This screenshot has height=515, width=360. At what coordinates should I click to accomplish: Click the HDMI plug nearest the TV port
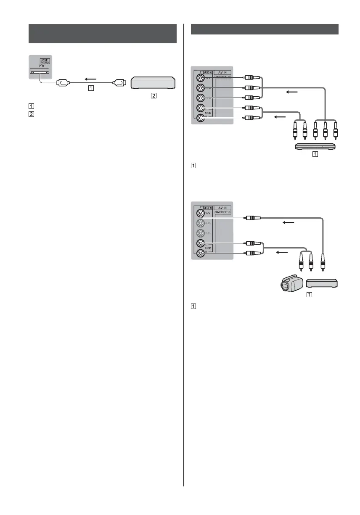click(63, 83)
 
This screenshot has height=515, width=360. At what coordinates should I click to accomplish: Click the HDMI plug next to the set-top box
click(119, 83)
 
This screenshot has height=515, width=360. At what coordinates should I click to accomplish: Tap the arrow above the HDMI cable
click(90, 78)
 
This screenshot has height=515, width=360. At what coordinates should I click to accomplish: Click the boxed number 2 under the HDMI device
click(154, 96)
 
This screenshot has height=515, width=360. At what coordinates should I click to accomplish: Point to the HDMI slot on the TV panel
click(40, 72)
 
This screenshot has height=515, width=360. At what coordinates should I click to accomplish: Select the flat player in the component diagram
click(315, 146)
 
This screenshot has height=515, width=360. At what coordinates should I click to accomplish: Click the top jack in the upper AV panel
click(200, 78)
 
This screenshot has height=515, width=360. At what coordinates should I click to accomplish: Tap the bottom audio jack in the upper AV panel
click(200, 118)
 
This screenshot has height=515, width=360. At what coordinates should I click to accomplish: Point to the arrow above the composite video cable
click(289, 223)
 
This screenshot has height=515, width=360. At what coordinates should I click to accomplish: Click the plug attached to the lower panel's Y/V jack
click(254, 218)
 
